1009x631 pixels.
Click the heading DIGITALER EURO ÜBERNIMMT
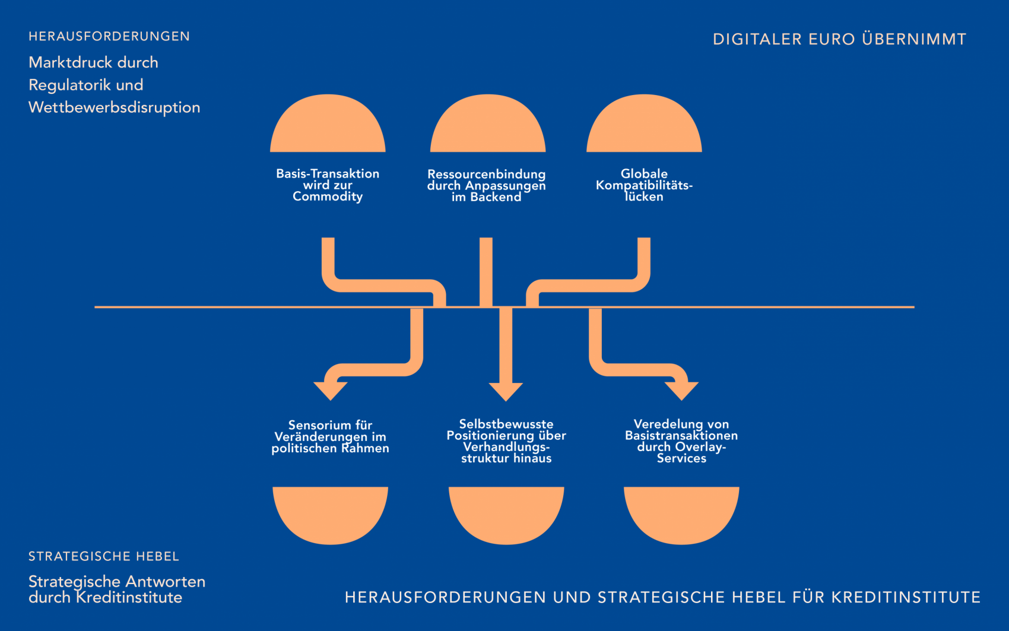[839, 40]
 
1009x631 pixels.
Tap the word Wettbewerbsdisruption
[114, 107]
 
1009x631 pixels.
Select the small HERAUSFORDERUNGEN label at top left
[109, 37]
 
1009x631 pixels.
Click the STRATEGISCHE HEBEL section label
[104, 557]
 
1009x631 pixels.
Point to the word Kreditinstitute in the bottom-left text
[129, 598]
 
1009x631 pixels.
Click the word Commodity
[328, 196]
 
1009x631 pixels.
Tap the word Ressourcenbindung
[486, 175]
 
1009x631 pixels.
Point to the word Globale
[644, 174]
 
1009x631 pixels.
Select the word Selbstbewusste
[506, 424]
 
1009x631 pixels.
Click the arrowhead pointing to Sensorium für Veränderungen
[330, 391]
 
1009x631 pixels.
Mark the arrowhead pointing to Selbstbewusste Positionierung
[506, 391]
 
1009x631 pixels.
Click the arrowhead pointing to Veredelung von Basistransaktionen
[681, 391]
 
